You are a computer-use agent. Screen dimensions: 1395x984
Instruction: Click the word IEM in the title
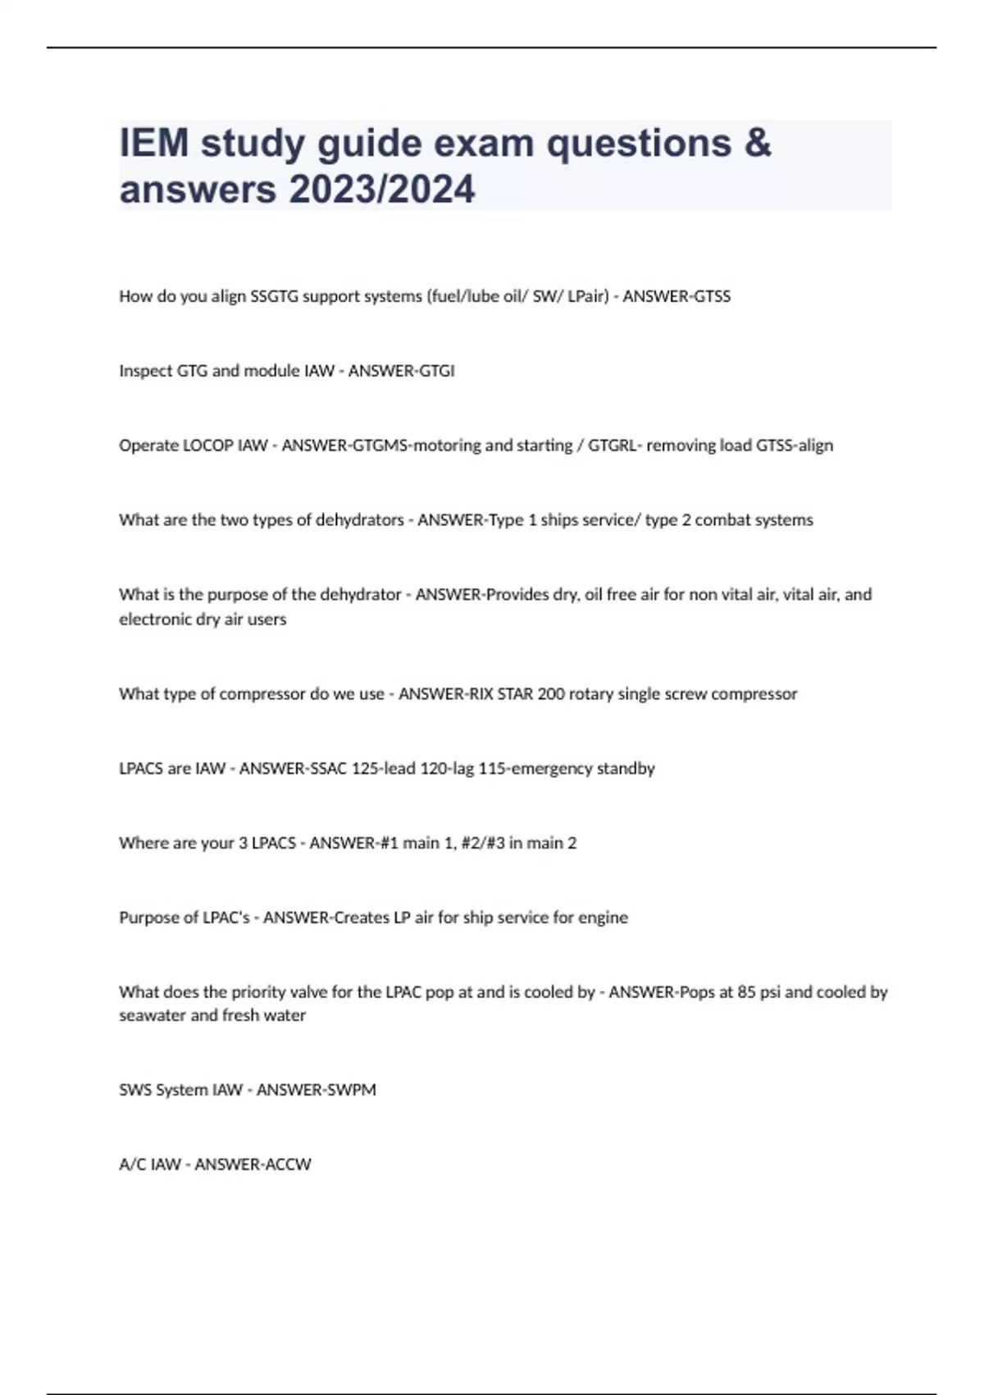click(154, 143)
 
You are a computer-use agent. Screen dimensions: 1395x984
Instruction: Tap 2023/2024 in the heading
click(381, 189)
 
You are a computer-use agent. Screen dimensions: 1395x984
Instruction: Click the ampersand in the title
click(758, 143)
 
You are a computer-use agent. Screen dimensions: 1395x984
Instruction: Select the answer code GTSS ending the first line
click(712, 296)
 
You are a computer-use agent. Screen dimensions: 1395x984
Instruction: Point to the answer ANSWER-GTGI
click(401, 371)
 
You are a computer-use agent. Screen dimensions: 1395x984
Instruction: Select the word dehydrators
click(360, 520)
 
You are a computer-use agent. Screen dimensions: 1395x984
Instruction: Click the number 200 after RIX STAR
click(551, 694)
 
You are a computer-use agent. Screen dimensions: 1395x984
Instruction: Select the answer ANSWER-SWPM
click(316, 1090)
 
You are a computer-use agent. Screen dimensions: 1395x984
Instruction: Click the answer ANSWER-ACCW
click(253, 1164)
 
